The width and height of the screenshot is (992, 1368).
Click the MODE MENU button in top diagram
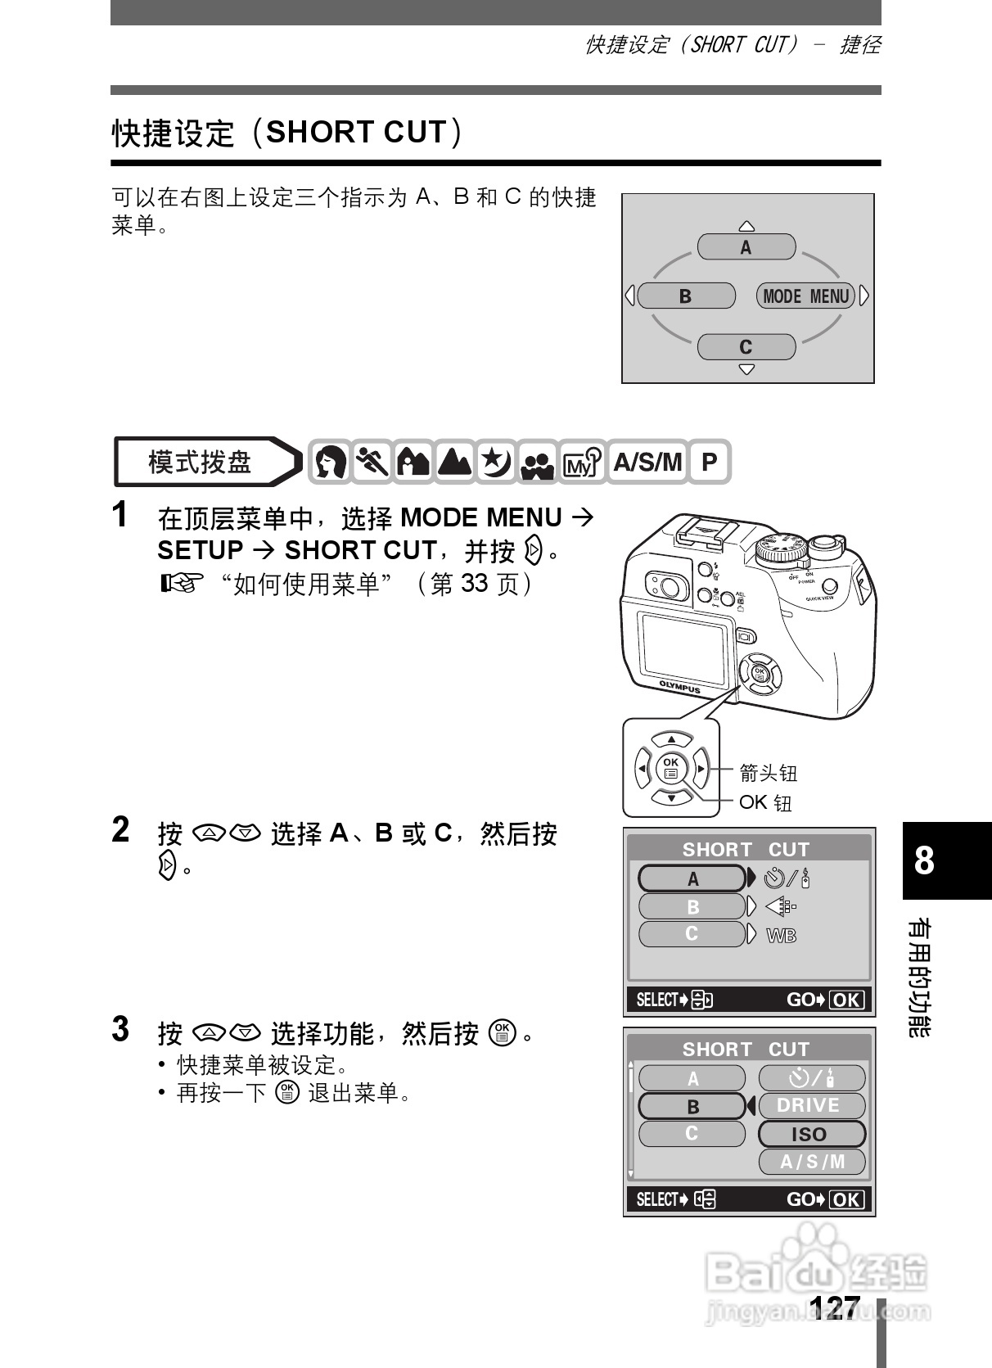pos(805,296)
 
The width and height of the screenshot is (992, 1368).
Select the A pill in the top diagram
pos(746,247)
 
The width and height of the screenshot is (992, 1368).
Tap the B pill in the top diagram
pos(686,296)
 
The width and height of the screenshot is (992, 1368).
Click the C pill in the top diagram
pos(746,346)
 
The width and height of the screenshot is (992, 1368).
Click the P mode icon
pos(709,463)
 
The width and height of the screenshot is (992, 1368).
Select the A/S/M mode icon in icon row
pos(647,463)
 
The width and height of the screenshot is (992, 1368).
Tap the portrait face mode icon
pos(330,463)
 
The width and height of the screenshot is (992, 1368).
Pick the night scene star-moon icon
pos(496,463)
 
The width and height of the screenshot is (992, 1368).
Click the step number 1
pos(120,516)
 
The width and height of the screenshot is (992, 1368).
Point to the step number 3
pos(120,1030)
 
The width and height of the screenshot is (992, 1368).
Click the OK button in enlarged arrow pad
pos(671,768)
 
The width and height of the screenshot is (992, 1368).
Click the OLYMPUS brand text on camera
pos(680,687)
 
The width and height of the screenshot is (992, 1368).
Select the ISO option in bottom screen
pos(811,1134)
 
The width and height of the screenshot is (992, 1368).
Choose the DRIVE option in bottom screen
pos(811,1105)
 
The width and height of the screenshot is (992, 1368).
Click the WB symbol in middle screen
pos(781,935)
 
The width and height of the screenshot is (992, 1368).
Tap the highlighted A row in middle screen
pos(692,878)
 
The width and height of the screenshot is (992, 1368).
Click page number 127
pos(835,1306)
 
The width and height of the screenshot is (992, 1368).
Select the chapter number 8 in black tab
pos(925,860)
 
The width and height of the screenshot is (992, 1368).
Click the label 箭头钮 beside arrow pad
pos(768,772)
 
